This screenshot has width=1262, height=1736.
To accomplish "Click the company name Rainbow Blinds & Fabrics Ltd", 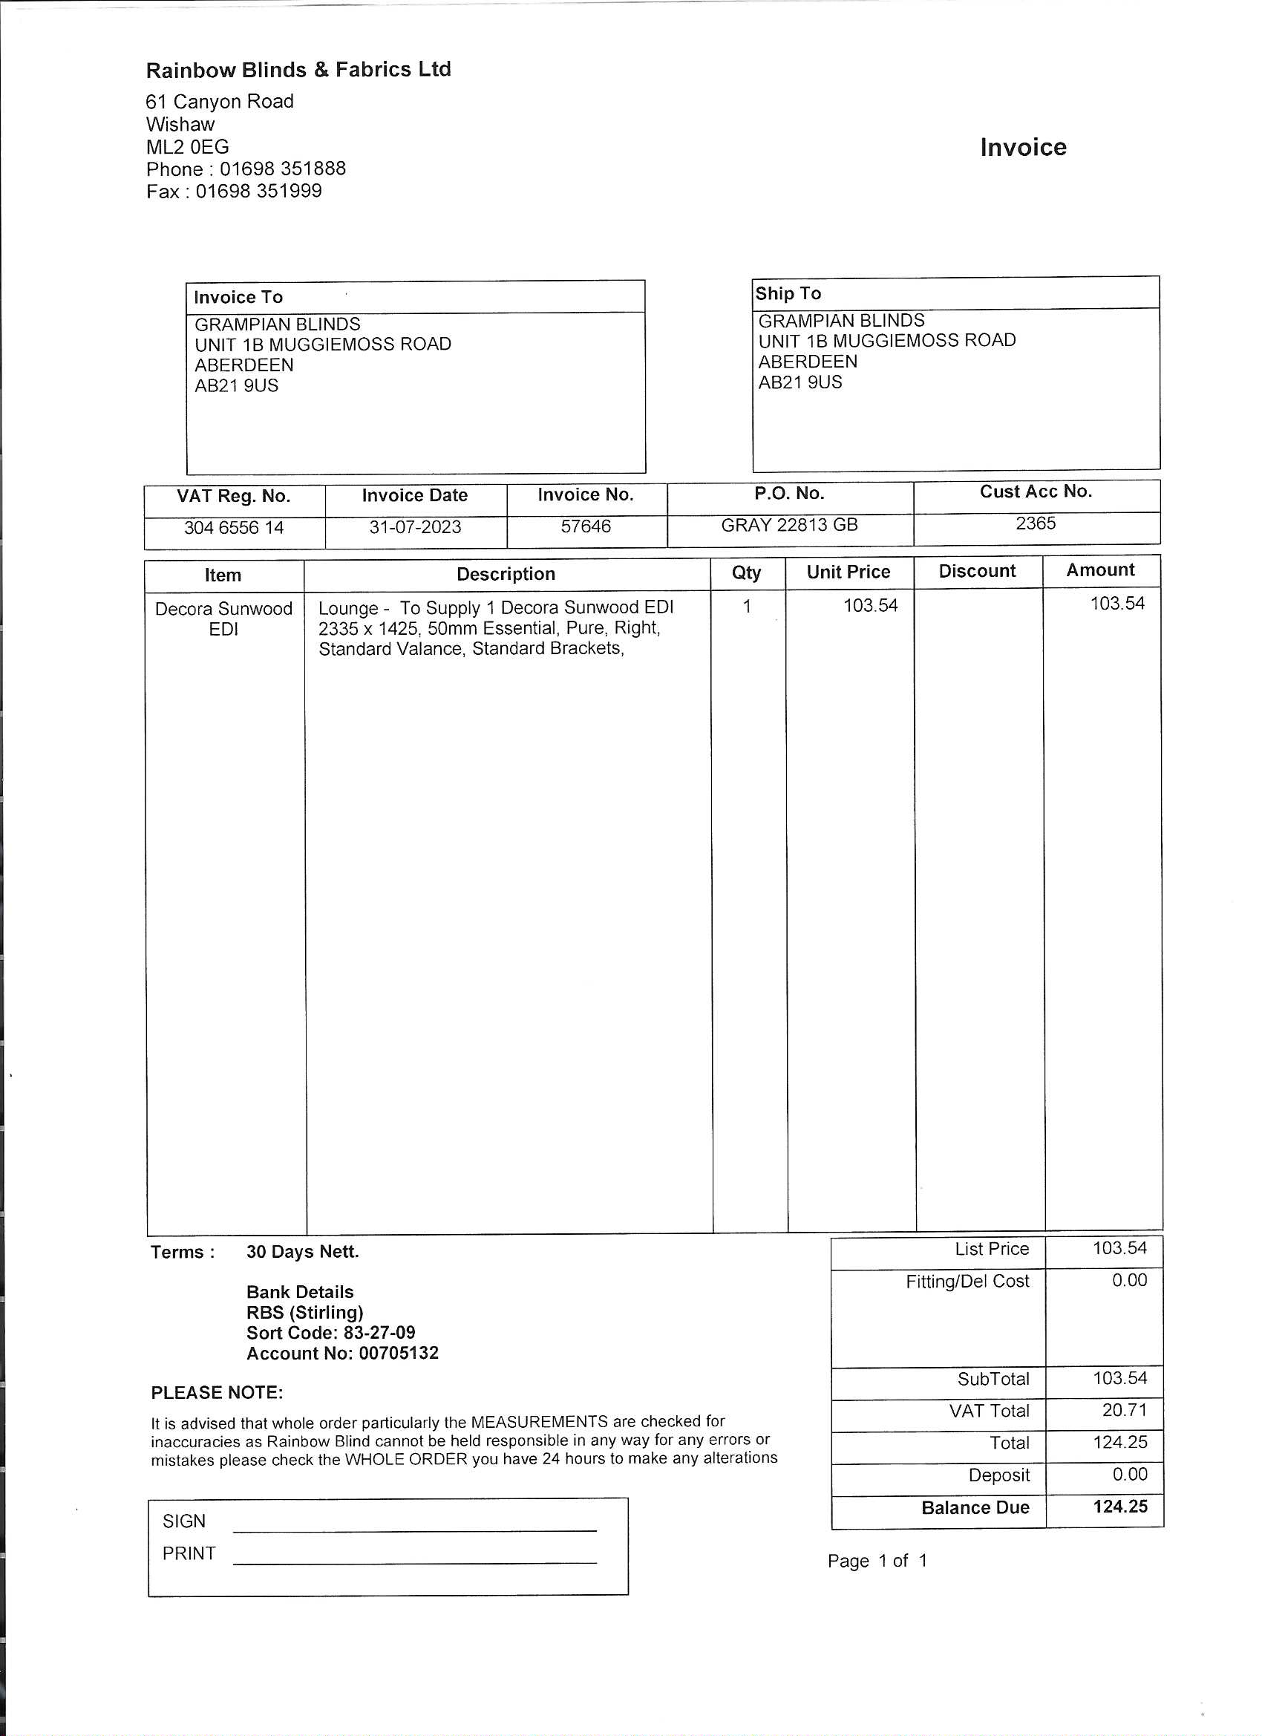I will point(298,70).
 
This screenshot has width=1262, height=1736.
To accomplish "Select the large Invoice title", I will point(1022,147).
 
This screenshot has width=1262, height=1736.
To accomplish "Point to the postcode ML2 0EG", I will point(188,147).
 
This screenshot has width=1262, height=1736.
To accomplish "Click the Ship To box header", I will point(788,293).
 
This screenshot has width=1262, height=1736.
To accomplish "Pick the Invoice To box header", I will point(238,297).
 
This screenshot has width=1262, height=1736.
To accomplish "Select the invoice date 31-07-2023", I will point(415,527).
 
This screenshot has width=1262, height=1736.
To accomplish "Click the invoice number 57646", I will point(586,526).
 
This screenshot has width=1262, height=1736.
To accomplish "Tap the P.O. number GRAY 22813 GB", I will point(789,525).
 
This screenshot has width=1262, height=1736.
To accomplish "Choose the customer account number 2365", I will point(1036,523).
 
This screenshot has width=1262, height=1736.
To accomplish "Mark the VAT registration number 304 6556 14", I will point(233,528).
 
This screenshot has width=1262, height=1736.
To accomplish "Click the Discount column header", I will point(976,571).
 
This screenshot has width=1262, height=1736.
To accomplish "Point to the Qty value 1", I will point(746,606).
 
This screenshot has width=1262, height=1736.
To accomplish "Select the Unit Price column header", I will point(848,572).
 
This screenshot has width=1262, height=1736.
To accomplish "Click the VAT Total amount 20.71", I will point(1123,1410).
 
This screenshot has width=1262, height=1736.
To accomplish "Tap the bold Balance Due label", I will point(975,1507).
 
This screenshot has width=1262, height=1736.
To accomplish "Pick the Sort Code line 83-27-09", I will point(330,1333).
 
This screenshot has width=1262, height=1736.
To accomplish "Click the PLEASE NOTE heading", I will point(217,1392).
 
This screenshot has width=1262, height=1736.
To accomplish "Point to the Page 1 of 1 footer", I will point(877,1561).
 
